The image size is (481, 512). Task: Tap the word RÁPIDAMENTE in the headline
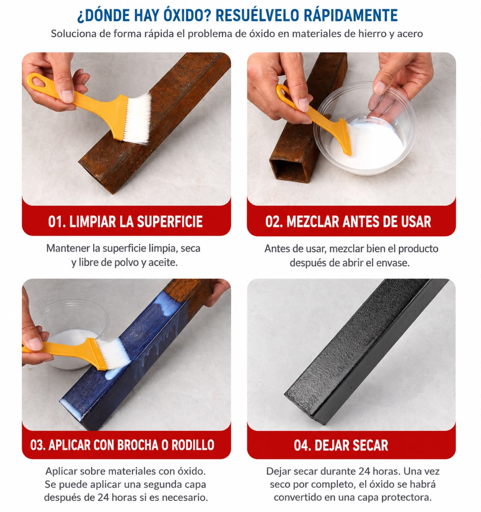(351, 15)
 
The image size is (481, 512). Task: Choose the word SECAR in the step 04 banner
(370, 445)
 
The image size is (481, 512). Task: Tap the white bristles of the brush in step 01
(137, 119)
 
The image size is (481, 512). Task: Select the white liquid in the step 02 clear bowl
(367, 146)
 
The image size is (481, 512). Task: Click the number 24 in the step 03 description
(103, 497)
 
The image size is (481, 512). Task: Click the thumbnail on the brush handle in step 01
(67, 96)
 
